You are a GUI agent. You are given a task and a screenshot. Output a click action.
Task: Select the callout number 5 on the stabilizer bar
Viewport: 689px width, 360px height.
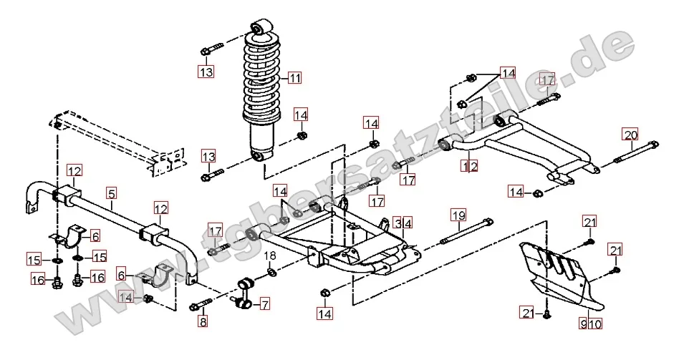tap(111, 193)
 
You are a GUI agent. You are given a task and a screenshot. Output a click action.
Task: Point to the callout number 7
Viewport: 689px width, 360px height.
tap(264, 304)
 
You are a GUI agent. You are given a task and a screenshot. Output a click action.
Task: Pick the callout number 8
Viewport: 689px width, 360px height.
tap(203, 323)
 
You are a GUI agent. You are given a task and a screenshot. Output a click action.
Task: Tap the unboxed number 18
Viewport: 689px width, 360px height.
tap(271, 256)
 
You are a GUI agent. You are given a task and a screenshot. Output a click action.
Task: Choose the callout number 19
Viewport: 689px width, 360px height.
tap(458, 214)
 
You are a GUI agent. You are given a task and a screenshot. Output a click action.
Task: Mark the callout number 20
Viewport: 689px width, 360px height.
tap(630, 135)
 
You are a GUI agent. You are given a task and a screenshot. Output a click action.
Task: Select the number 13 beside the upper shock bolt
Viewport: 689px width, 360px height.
tap(206, 72)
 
